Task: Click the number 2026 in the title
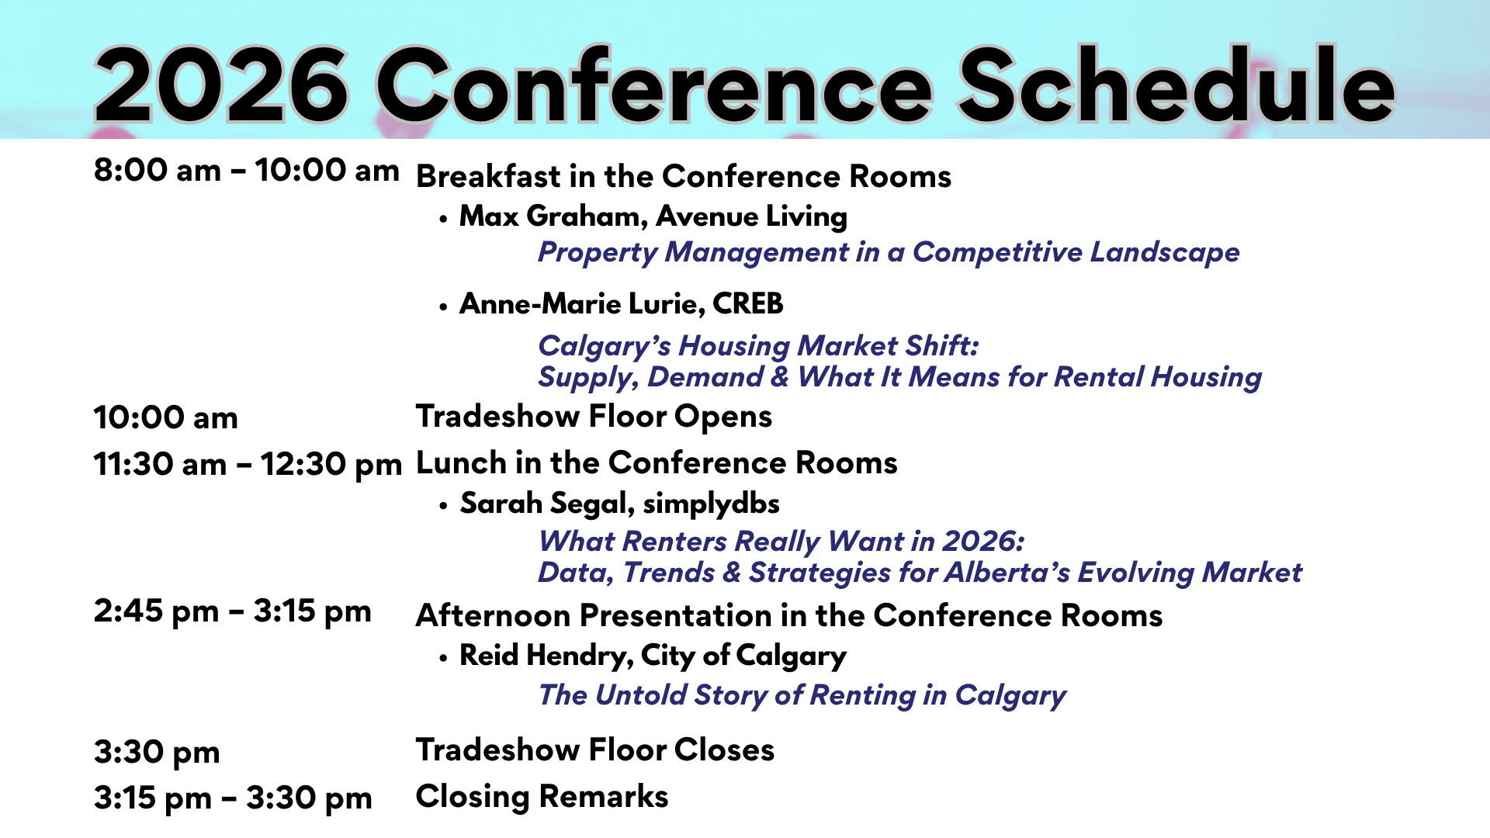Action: (x=221, y=85)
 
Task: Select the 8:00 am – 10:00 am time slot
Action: (x=246, y=170)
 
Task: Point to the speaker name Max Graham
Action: (x=551, y=216)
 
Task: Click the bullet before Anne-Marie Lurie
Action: (x=443, y=307)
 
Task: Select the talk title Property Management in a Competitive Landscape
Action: (x=889, y=252)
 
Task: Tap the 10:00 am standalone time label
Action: (x=165, y=417)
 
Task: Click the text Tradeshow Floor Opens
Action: (x=594, y=417)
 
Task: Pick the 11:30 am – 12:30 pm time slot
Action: (x=248, y=465)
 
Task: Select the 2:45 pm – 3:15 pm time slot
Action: (x=233, y=611)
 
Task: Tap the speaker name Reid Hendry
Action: (x=543, y=656)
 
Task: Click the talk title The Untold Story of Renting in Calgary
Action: (x=802, y=695)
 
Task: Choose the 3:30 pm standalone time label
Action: (x=157, y=752)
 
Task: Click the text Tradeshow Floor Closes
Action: (x=595, y=750)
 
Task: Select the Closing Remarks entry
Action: (x=542, y=796)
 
